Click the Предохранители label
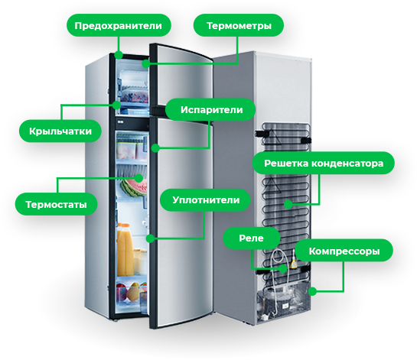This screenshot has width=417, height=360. (x=119, y=25)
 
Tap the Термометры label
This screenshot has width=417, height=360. (x=239, y=25)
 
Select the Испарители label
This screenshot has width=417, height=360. (x=210, y=110)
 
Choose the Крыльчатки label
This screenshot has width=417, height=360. (x=60, y=131)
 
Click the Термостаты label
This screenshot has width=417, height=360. (x=56, y=204)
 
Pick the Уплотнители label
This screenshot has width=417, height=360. (x=205, y=199)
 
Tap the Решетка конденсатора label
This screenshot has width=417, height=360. (x=324, y=163)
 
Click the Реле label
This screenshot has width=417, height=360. (x=252, y=238)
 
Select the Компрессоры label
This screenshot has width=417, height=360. (x=344, y=251)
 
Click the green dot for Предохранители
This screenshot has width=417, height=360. (x=119, y=55)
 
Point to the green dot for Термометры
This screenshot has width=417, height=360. (x=145, y=63)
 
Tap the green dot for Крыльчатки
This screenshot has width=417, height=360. (x=116, y=105)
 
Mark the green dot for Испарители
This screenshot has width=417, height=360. (x=155, y=148)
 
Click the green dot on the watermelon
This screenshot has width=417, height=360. (x=138, y=178)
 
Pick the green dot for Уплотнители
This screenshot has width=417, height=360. (x=151, y=238)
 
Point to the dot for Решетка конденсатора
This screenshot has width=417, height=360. (x=288, y=204)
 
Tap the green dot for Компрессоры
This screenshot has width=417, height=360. (x=312, y=291)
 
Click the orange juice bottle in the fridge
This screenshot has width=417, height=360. (x=125, y=250)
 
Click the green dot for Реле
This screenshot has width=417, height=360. (x=284, y=268)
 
